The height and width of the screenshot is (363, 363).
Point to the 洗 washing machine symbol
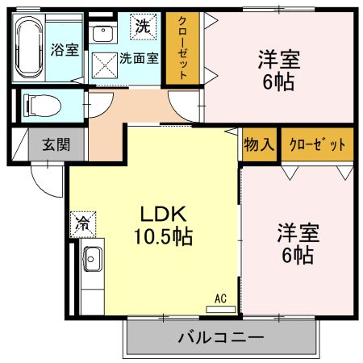[143, 25]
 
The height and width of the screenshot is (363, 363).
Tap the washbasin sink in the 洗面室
[102, 34]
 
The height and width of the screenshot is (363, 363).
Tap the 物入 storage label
[259, 145]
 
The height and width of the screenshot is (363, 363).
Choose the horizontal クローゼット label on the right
[316, 145]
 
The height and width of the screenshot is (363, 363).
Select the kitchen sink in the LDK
[91, 260]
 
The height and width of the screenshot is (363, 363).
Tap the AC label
[220, 299]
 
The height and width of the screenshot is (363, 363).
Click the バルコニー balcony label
[220, 337]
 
